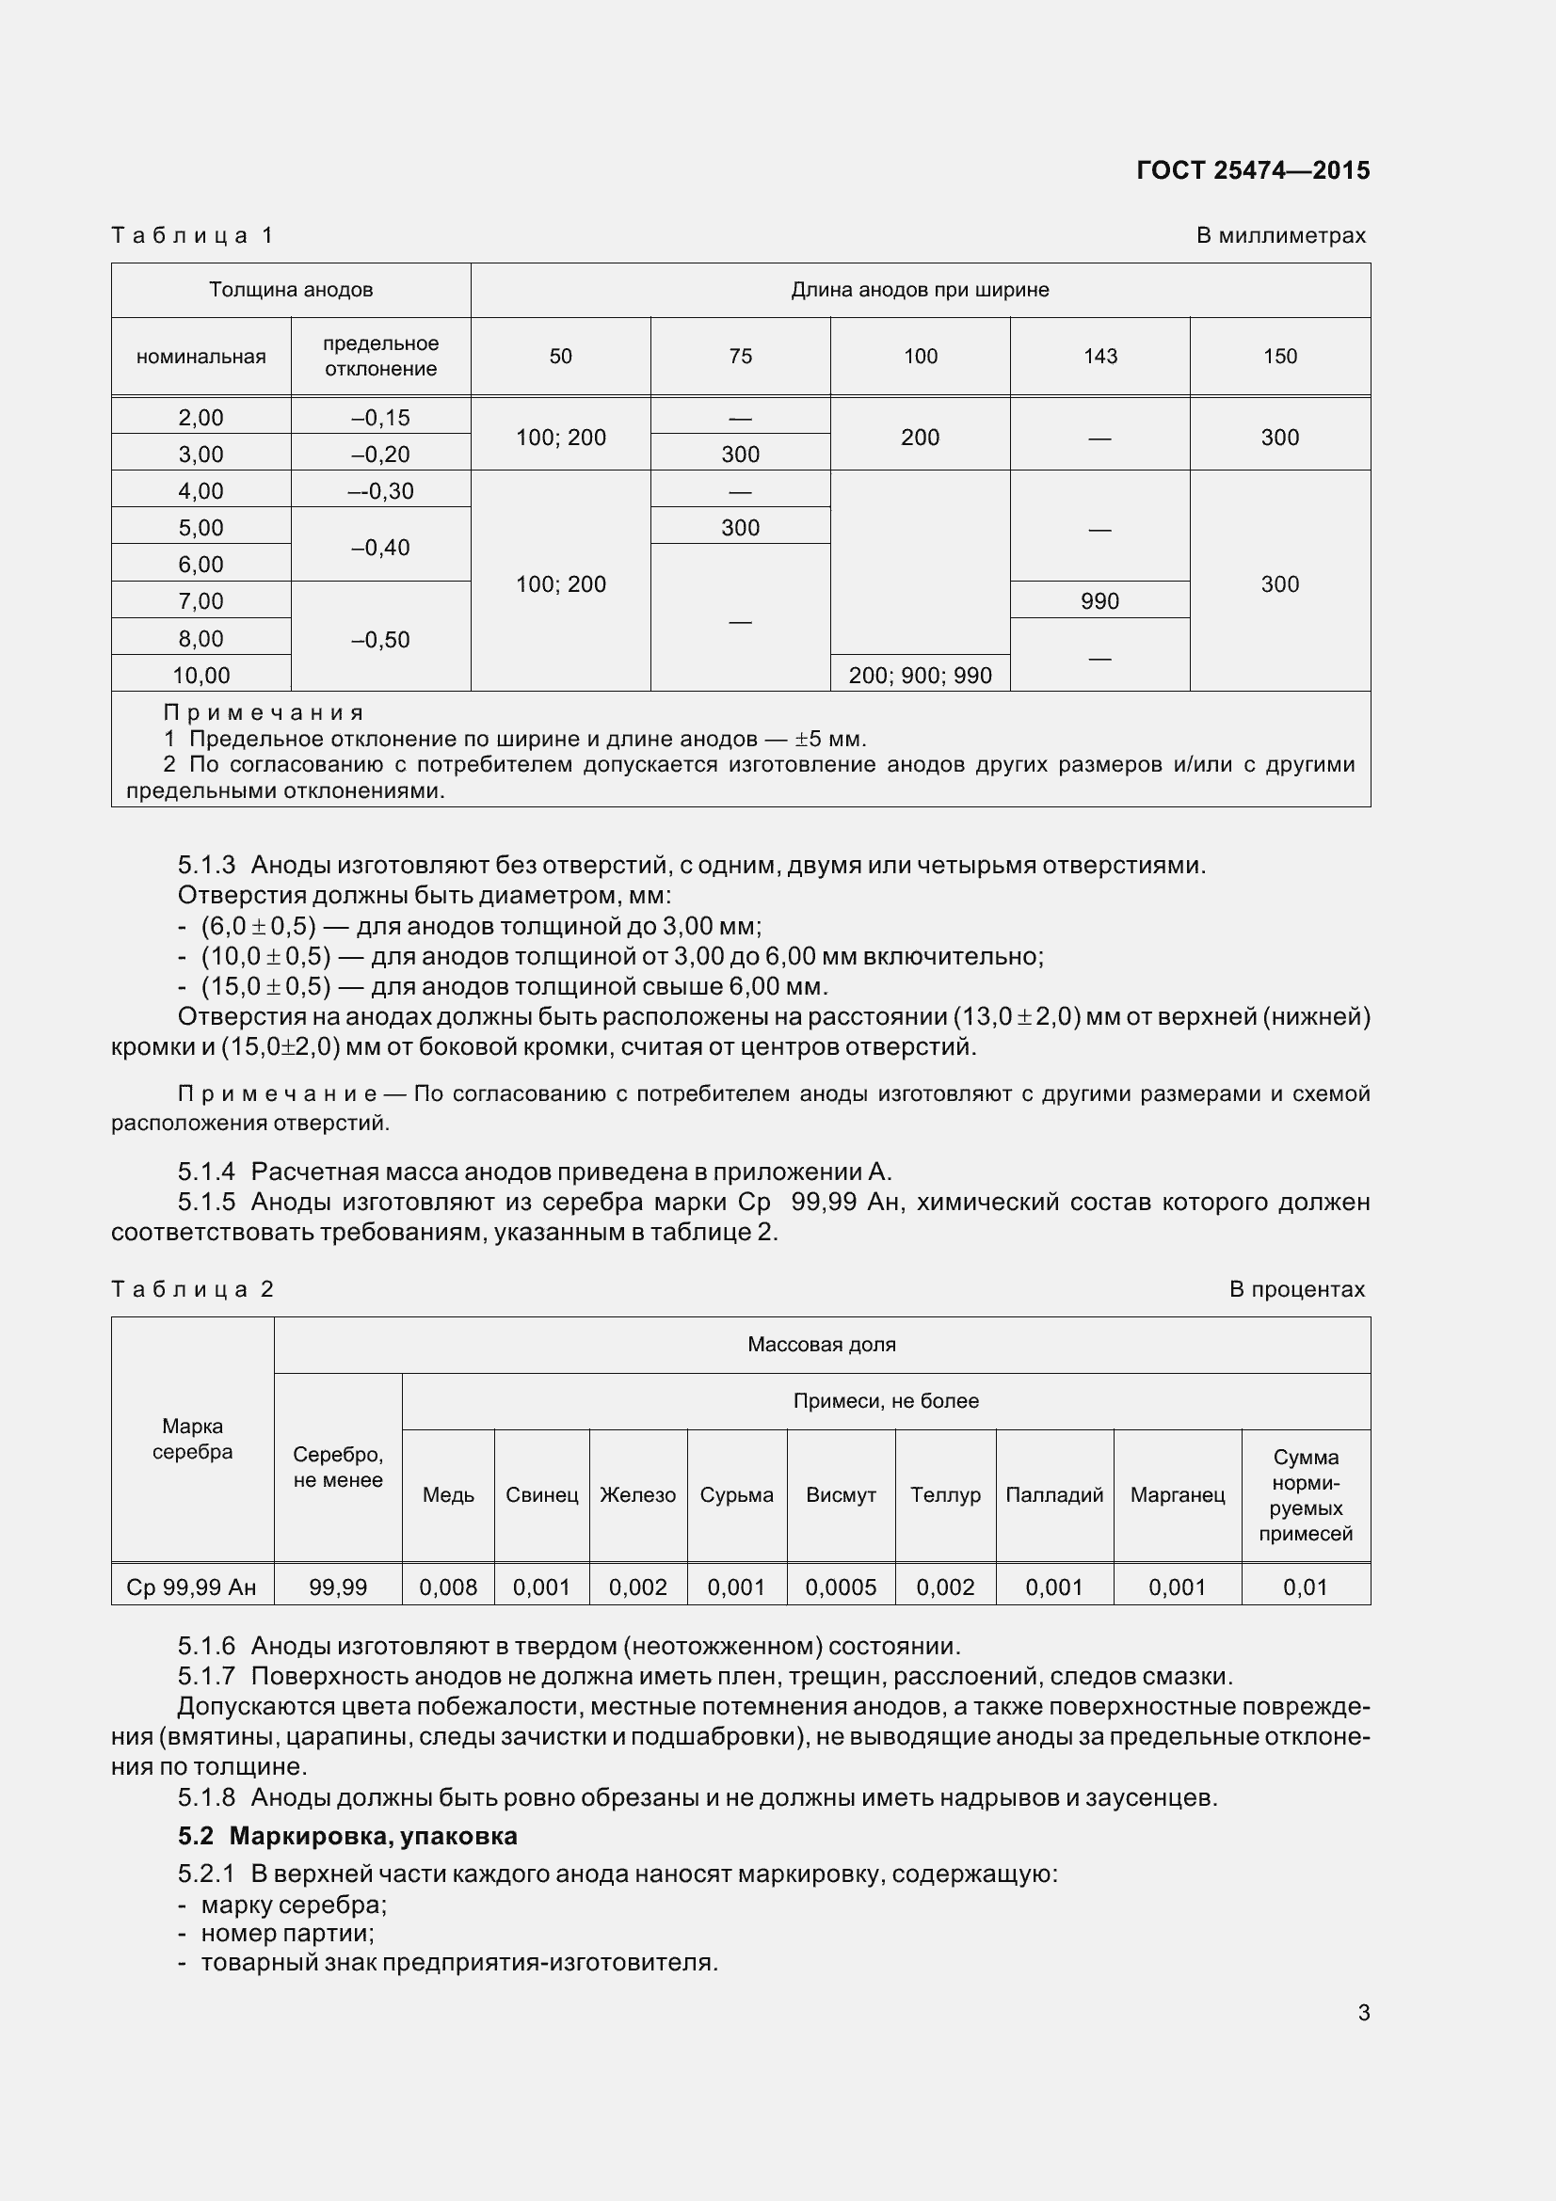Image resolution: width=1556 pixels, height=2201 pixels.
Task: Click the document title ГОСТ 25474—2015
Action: click(1252, 170)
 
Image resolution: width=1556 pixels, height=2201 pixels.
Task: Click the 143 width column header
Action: click(1099, 357)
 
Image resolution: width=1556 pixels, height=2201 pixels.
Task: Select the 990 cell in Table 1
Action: click(1099, 601)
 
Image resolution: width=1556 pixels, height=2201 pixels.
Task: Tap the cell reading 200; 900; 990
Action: click(920, 675)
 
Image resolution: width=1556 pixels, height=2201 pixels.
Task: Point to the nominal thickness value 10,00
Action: click(201, 675)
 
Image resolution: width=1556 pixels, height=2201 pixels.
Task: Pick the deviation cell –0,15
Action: click(380, 417)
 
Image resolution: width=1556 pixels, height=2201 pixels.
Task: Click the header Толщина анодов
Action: click(291, 290)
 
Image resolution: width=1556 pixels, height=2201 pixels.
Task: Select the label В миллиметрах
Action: click(1280, 236)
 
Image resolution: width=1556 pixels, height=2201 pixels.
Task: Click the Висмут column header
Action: click(841, 1494)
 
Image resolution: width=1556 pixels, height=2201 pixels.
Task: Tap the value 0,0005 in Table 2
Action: click(841, 1587)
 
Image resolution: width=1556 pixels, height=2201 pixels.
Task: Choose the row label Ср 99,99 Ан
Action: click(192, 1587)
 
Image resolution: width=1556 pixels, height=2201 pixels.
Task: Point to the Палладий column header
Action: click(1053, 1494)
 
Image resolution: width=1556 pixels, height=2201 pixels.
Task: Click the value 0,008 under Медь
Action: click(448, 1587)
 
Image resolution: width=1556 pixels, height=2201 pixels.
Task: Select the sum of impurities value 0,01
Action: click(1305, 1587)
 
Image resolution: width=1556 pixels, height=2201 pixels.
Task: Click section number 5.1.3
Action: click(206, 866)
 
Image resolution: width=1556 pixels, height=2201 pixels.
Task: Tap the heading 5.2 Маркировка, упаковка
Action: click(347, 1836)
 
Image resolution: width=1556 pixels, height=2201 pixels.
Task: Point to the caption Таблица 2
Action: click(193, 1289)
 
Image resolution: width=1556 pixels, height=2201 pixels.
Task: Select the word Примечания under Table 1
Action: click(264, 712)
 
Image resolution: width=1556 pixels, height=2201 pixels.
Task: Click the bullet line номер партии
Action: click(287, 1933)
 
